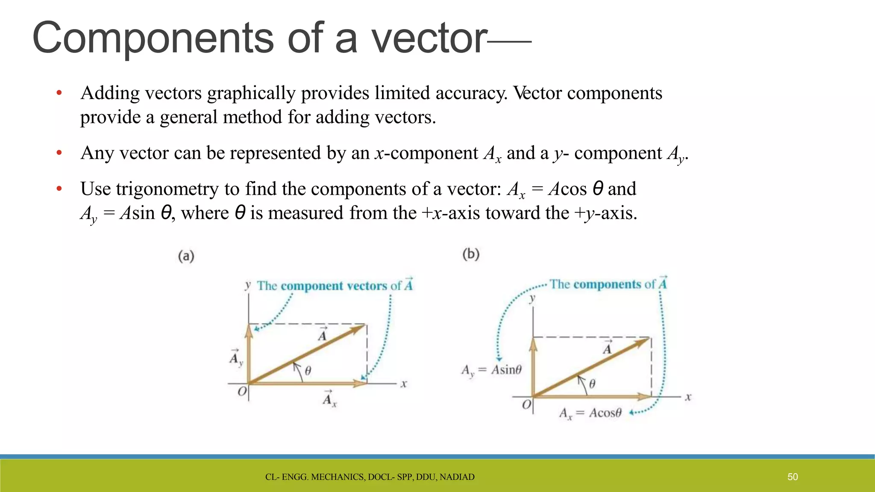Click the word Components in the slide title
click(x=153, y=38)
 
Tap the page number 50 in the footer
click(x=793, y=477)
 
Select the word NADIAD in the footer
click(x=457, y=477)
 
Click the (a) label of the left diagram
click(x=186, y=256)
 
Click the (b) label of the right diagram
click(x=471, y=255)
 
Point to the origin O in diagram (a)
click(x=242, y=391)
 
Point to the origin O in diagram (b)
click(x=527, y=404)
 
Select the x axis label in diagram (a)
click(x=404, y=384)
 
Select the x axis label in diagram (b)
click(x=688, y=397)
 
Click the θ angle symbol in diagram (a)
click(x=308, y=371)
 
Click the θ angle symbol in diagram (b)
click(x=592, y=384)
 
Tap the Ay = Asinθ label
click(x=491, y=370)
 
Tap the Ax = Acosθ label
click(x=590, y=413)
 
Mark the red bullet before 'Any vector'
click(x=59, y=153)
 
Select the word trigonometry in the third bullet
click(x=167, y=189)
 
